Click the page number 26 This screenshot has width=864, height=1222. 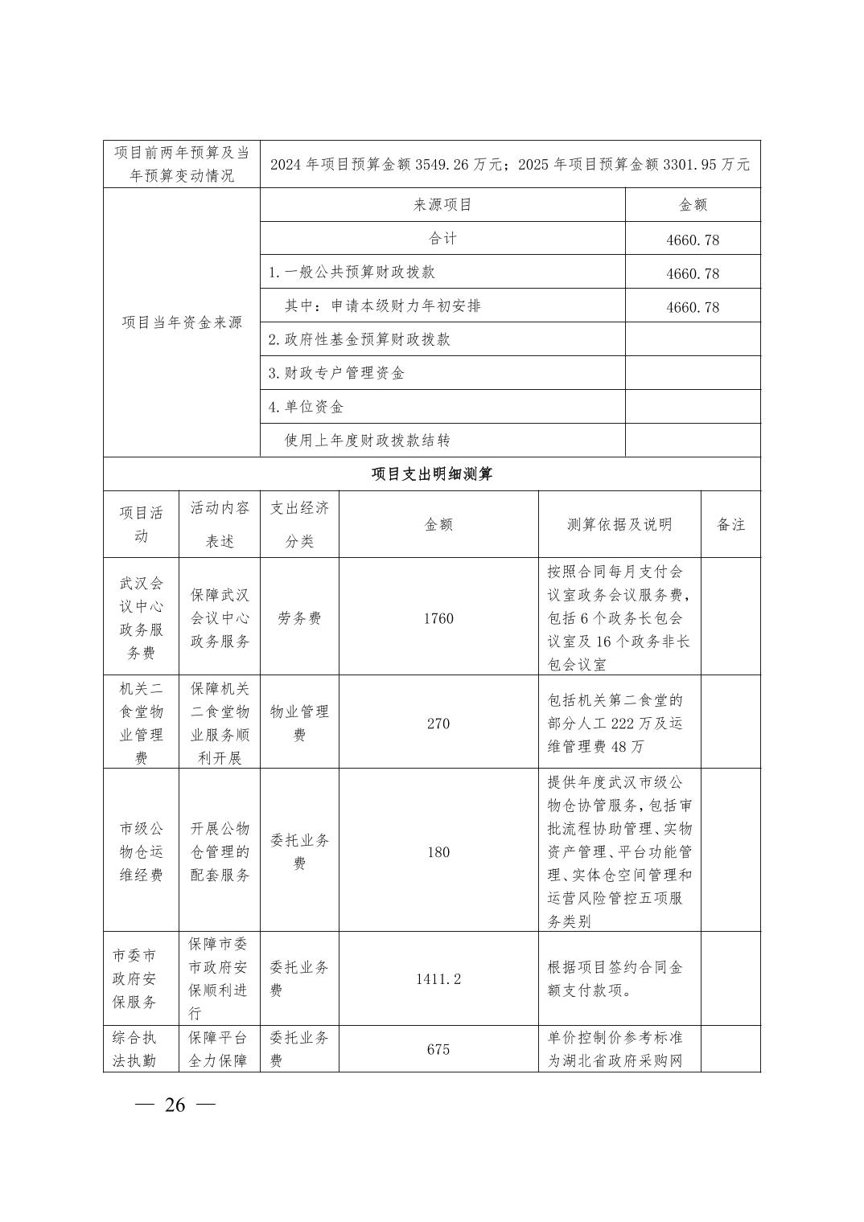click(x=175, y=1105)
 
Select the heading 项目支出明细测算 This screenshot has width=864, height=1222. click(x=431, y=474)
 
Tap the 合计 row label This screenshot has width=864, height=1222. click(x=442, y=239)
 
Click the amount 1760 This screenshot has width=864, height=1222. click(x=438, y=618)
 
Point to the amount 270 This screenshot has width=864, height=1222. click(x=438, y=724)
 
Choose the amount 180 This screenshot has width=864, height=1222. click(x=438, y=852)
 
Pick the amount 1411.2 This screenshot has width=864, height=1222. click(x=438, y=979)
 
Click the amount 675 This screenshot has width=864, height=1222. click(x=438, y=1050)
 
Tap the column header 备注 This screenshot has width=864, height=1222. click(x=730, y=525)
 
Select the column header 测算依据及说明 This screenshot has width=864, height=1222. click(x=619, y=525)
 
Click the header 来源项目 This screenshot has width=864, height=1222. click(x=442, y=205)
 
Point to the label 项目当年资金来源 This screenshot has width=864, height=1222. click(x=182, y=323)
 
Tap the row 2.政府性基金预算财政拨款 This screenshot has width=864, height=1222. click(x=359, y=340)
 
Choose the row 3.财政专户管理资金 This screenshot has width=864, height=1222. click(x=336, y=374)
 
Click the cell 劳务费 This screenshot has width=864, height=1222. click(x=299, y=618)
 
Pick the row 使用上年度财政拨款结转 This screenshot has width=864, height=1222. click(x=368, y=441)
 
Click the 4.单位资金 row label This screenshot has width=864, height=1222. click(x=306, y=408)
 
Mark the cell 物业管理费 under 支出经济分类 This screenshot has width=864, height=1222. click(x=299, y=723)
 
